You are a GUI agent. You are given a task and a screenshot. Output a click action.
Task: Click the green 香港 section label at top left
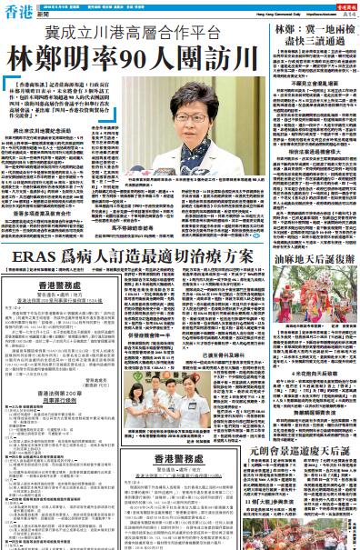16,11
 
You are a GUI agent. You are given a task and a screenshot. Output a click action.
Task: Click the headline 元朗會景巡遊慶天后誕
308,451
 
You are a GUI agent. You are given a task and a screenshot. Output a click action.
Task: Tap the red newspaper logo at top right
337,6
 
